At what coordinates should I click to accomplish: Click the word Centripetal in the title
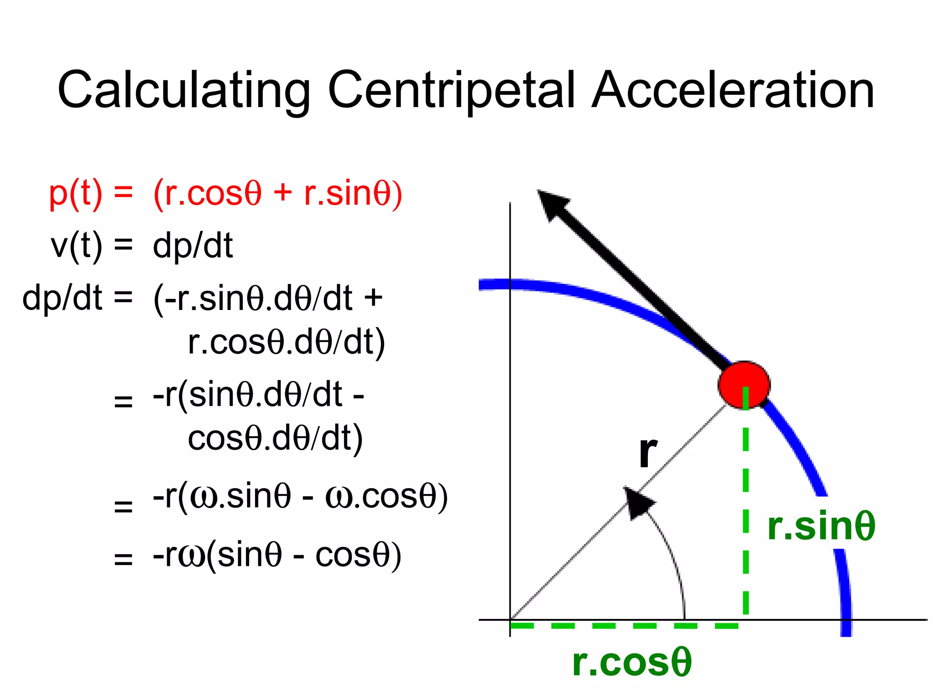pos(451,91)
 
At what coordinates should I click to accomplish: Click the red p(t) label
pos(76,194)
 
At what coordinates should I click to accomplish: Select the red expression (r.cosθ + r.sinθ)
pos(277,194)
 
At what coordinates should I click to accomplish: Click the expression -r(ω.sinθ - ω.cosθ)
pos(300,497)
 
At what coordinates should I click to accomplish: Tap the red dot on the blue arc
pos(743,385)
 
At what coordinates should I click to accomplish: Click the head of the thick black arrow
pos(552,205)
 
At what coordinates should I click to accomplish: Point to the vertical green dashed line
pos(746,501)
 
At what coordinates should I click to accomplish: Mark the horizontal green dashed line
pos(624,626)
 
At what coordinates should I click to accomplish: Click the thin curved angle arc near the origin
pos(674,561)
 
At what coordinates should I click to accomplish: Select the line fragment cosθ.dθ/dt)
pos(275,438)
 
